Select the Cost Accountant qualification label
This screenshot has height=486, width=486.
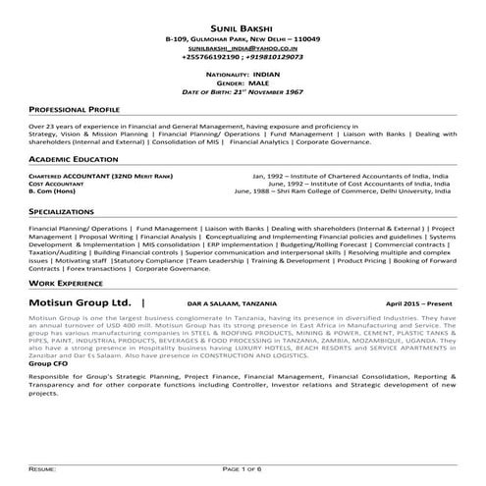point(56,184)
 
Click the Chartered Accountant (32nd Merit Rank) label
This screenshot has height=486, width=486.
point(94,175)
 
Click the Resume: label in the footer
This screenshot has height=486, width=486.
point(43,472)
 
